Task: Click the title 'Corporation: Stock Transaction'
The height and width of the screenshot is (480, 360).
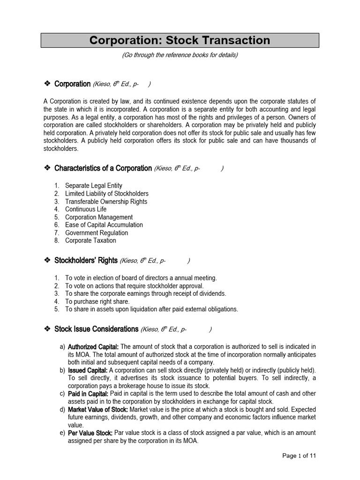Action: coord(180,40)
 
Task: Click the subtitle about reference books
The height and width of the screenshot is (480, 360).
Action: coord(180,55)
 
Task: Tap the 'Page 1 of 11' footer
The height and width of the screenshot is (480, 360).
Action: coord(302,455)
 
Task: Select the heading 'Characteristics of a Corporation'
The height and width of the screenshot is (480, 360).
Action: coord(103,168)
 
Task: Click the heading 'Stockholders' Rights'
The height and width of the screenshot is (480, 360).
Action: coord(86,261)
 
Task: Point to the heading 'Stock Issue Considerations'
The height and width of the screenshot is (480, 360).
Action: coord(96,329)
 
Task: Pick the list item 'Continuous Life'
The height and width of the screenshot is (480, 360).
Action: coord(86,209)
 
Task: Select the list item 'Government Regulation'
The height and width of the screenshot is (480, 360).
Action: coord(97,232)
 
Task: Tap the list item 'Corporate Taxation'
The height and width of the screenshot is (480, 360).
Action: coord(90,240)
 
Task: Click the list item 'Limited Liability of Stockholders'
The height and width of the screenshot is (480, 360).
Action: coord(107,194)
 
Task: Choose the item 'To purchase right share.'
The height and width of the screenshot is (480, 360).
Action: coord(97,301)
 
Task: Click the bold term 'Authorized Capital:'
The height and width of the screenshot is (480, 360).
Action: coord(93,346)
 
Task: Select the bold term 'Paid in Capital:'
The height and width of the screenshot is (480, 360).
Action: coord(88,394)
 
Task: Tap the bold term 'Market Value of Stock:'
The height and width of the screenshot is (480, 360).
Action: coord(98,409)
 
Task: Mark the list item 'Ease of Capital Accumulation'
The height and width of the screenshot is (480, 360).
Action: coord(104,225)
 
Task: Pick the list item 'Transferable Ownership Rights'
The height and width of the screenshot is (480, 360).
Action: coord(106,202)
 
